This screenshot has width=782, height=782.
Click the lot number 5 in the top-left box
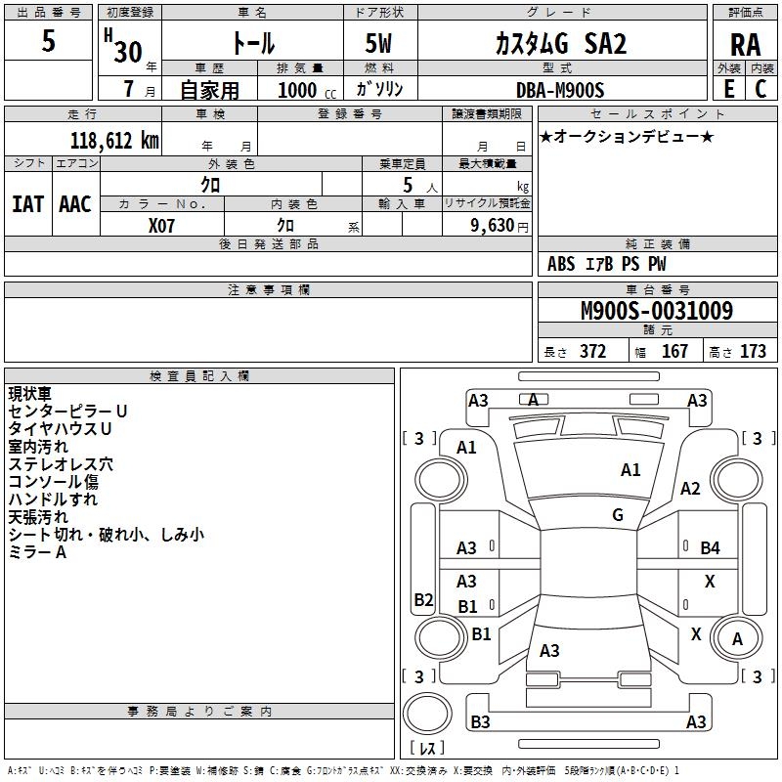[49, 41]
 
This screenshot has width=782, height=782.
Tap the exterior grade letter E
[728, 88]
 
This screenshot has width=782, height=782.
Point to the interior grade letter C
[760, 88]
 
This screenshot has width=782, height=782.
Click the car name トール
[252, 44]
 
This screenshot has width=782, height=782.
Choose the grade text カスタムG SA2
[560, 44]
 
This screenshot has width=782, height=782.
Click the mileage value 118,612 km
[114, 141]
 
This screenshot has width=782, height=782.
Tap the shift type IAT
[28, 204]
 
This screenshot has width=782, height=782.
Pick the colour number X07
[162, 226]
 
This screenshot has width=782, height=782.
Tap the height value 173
[753, 351]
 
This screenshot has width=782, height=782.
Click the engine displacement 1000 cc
[306, 90]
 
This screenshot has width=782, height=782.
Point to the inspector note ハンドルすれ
[53, 499]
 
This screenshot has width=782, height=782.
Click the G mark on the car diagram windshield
[618, 514]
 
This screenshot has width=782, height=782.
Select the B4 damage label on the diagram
[710, 547]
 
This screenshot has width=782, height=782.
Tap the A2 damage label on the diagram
[690, 489]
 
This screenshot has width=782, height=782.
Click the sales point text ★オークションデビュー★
[627, 137]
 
